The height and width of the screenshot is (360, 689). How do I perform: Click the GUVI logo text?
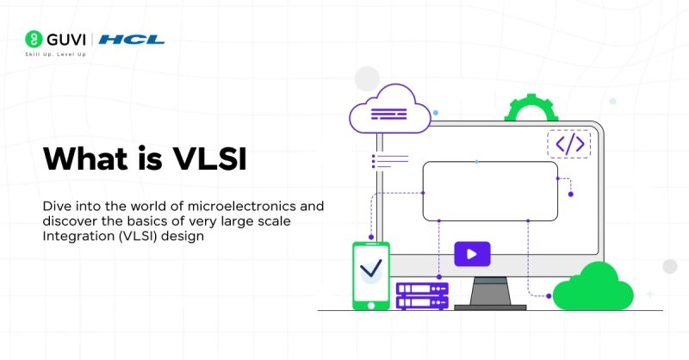point(66,40)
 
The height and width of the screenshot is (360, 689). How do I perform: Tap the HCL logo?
point(132,40)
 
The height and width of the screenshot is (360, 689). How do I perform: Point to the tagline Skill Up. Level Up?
point(55,54)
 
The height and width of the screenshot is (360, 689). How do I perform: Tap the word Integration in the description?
point(76,236)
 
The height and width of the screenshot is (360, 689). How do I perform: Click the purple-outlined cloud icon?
point(388,109)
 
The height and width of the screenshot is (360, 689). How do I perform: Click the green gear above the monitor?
point(531,110)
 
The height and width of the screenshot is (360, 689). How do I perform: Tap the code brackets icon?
point(569,144)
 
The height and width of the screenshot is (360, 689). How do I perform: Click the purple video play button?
point(472,254)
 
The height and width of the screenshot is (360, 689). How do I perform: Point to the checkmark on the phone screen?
point(371,269)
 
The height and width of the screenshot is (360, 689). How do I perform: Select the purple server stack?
point(422,295)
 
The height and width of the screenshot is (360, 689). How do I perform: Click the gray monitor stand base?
point(490,306)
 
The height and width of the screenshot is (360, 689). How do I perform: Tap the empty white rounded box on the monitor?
point(489,190)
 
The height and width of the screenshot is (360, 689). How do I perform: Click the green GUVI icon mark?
point(34,40)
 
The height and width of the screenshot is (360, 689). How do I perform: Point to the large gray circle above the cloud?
point(368,78)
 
